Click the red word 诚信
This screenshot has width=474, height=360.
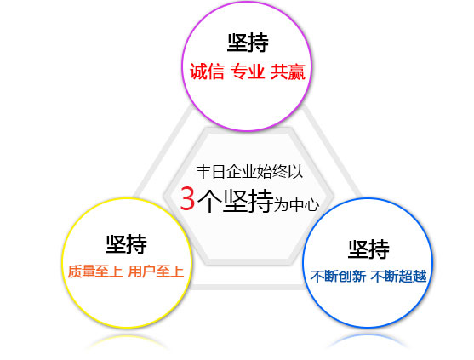[207, 72]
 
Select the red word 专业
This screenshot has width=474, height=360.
[248, 72]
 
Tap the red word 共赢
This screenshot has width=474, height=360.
[288, 72]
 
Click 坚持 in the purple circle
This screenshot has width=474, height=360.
[248, 43]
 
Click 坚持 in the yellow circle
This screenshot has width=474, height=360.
[126, 243]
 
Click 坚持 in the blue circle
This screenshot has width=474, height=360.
[368, 249]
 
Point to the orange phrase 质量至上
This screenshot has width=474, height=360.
[95, 271]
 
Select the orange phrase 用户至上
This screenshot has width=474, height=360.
[156, 271]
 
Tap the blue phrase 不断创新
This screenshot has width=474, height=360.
[339, 277]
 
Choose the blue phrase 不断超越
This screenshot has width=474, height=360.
[399, 277]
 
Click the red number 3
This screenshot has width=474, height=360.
[187, 198]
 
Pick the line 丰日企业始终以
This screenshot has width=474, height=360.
[249, 172]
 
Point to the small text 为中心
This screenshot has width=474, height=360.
[296, 205]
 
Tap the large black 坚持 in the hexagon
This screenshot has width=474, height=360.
[248, 201]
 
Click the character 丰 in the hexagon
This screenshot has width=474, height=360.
[203, 172]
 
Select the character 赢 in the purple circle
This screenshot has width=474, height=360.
[296, 72]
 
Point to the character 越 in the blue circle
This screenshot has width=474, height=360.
[420, 277]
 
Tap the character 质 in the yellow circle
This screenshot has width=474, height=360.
[75, 271]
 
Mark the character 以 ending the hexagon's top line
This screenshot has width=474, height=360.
[295, 172]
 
